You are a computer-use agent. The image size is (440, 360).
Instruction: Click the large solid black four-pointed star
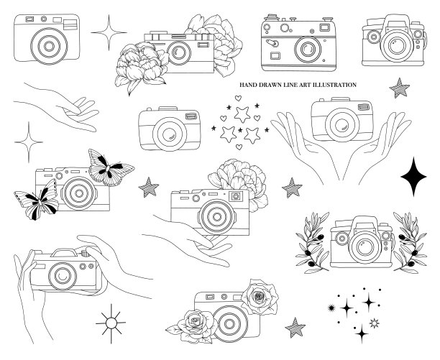(x=413, y=177)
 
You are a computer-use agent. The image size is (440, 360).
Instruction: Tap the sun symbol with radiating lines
(x=111, y=323)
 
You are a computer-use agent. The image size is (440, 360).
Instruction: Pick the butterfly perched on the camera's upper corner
(x=111, y=167)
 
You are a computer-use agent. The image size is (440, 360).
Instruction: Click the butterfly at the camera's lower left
(x=37, y=200)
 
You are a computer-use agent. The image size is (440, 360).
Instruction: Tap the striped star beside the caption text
(x=400, y=88)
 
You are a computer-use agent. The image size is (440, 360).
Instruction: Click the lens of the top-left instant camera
(x=49, y=46)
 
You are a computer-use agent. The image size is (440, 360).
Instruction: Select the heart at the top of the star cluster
(x=238, y=98)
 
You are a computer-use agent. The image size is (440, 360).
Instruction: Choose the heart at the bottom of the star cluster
(x=239, y=147)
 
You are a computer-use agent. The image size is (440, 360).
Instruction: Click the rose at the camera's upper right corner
(x=260, y=297)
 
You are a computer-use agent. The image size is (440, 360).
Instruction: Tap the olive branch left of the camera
(x=312, y=243)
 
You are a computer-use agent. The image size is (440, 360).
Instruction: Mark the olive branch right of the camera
(x=410, y=243)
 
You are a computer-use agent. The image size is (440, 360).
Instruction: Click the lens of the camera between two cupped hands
(x=342, y=124)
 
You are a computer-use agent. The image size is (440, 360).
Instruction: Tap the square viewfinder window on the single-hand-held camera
(x=236, y=196)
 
